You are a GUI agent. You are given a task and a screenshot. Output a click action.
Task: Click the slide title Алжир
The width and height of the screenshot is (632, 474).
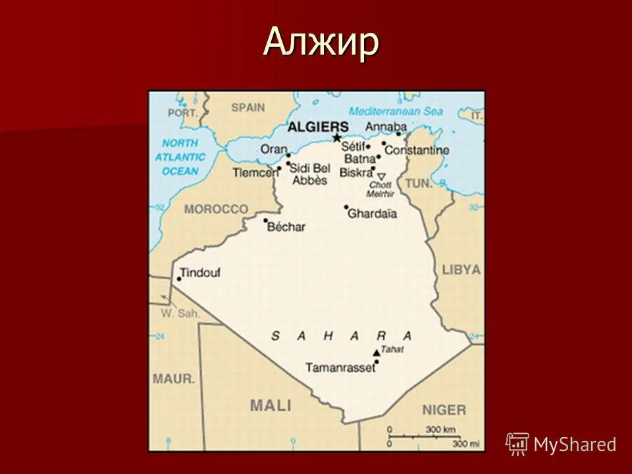pos(321,43)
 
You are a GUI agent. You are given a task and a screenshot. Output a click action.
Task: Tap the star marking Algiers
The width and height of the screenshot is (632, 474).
pos(336,138)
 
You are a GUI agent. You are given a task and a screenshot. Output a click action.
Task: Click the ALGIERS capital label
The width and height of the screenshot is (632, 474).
pos(318,126)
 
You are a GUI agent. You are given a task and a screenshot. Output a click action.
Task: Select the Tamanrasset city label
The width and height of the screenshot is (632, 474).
pos(340,367)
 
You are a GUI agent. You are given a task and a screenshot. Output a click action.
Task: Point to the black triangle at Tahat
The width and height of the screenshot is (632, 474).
pos(377,352)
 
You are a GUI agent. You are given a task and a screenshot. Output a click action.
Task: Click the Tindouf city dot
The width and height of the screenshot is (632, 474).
pos(178,279)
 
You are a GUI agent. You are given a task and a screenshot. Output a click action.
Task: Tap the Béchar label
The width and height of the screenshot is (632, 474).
pos(286,226)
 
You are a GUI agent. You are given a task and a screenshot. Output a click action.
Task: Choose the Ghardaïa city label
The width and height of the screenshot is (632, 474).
pos(372,213)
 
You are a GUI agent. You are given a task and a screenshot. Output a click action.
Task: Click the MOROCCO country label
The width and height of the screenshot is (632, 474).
pos(216,209)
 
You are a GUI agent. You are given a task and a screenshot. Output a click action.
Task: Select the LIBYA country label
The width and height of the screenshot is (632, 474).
pos(461,270)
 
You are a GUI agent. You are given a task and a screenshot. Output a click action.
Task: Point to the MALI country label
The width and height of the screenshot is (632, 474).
pos(270,406)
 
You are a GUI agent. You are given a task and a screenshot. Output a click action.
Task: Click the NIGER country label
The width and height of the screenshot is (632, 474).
pos(444,409)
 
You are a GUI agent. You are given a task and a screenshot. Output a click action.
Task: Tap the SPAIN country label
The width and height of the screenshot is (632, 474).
pos(248,107)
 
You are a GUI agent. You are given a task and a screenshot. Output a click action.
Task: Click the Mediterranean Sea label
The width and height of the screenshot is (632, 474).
pos(396,111)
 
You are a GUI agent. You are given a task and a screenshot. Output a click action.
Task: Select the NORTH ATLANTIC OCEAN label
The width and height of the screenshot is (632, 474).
pos(180,157)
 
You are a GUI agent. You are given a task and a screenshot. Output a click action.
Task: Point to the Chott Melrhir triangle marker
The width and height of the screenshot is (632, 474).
pos(381,176)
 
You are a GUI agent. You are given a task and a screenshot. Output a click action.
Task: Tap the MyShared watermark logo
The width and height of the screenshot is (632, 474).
pos(561,444)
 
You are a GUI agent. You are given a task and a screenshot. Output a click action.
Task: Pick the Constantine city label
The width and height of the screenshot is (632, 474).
pos(417,150)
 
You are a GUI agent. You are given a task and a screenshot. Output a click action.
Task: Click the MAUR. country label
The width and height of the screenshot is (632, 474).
pos(174,379)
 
